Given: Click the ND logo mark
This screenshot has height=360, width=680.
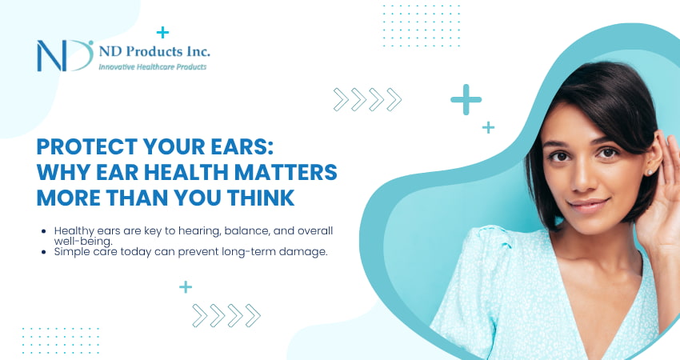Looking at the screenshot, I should click(x=65, y=55).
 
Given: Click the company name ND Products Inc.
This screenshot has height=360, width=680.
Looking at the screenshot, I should click(x=154, y=51).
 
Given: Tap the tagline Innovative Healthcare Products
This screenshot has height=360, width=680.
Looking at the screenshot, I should click(x=152, y=67).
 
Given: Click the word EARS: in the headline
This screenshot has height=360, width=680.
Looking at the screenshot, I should click(x=257, y=149).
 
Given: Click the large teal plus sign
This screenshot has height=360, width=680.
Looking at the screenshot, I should click(x=466, y=100).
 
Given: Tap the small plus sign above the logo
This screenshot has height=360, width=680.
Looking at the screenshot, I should click(x=163, y=33).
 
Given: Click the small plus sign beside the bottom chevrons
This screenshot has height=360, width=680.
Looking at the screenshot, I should click(x=186, y=286).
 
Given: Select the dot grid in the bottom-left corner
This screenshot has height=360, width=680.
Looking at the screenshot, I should click(x=60, y=340).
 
